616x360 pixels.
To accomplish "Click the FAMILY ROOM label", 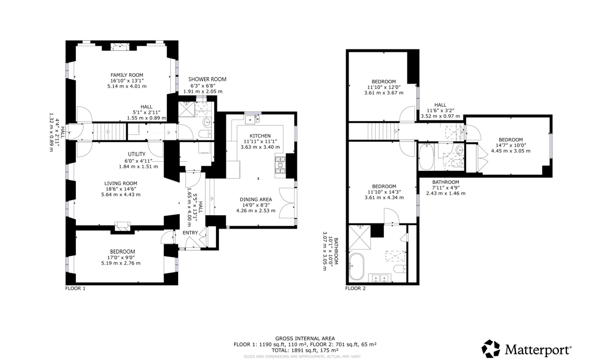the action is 127,75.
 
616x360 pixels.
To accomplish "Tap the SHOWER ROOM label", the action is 207,79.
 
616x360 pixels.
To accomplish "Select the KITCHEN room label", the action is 260,136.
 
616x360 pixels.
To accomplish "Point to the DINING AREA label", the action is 256,199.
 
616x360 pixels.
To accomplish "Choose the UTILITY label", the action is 137,154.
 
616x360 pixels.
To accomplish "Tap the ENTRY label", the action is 190,233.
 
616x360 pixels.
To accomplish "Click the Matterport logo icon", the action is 491,349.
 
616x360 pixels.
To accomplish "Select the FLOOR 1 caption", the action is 75,288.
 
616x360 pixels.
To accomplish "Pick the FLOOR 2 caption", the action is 355,288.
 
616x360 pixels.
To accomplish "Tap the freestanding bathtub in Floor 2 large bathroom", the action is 356,266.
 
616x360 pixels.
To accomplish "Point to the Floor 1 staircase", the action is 109,132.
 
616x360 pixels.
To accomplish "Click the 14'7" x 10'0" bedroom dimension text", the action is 511,145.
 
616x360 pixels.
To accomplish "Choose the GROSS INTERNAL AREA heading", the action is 305,338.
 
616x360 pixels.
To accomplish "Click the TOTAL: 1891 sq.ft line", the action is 305,350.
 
